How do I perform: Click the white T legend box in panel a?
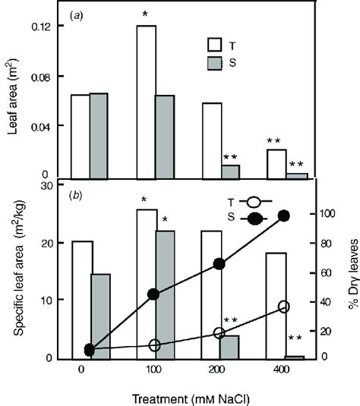click(x=219, y=44)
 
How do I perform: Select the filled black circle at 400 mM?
click(x=285, y=216)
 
